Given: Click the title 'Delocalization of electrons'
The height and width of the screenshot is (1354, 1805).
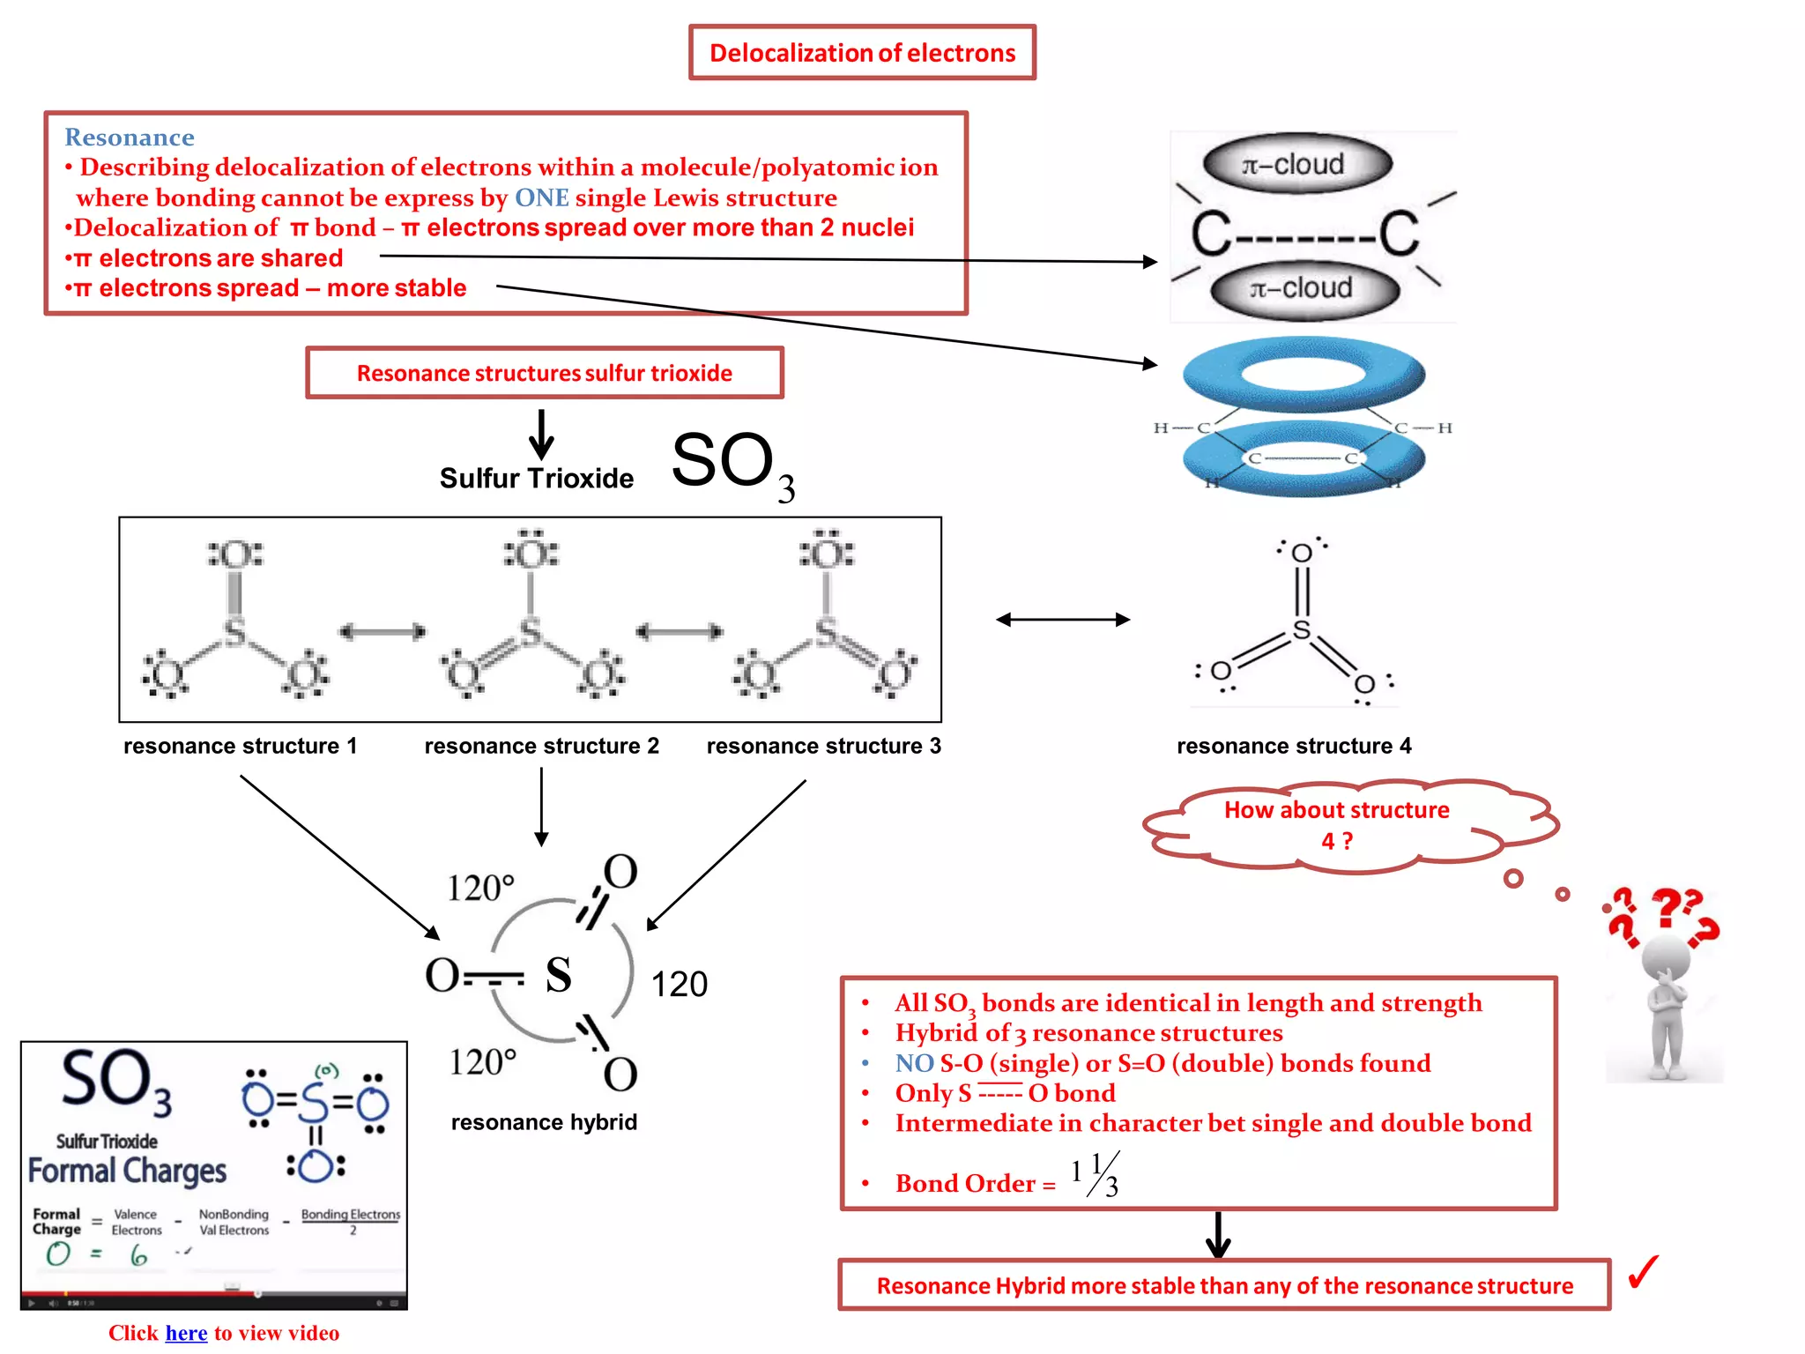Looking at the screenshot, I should [x=862, y=53].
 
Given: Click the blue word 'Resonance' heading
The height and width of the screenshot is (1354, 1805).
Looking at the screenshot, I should [x=129, y=138].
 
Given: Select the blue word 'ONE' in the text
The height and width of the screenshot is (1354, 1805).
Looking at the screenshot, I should [x=541, y=197].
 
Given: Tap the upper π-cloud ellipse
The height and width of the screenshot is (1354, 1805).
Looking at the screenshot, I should [x=1296, y=165].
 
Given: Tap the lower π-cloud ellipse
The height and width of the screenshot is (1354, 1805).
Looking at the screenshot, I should [x=1304, y=289].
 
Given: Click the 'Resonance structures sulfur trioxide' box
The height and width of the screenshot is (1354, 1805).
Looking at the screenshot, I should [x=544, y=373].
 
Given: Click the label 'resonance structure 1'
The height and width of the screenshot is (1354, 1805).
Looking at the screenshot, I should [x=240, y=746].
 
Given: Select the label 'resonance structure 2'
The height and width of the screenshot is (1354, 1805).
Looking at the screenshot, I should [x=541, y=746].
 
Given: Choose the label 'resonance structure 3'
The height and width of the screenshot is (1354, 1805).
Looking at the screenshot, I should [x=823, y=746].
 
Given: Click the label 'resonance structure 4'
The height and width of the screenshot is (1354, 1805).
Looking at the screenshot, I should [x=1293, y=746].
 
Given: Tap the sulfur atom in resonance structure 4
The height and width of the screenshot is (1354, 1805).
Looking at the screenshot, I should [x=1301, y=630].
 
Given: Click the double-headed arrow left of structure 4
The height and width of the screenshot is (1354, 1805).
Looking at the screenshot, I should [x=1062, y=620].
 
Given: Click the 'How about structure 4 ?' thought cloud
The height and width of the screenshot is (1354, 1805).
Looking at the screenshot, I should [x=1336, y=825].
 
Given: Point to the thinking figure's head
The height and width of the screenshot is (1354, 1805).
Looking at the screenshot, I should [x=1665, y=956].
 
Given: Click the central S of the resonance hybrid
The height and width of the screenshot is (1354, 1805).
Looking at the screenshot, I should [x=558, y=975].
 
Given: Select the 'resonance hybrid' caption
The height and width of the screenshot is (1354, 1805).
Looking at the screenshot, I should [x=544, y=1122].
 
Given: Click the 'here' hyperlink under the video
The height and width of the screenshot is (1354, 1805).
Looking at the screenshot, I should [x=186, y=1333].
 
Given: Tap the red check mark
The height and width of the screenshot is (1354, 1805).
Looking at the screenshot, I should [x=1643, y=1272].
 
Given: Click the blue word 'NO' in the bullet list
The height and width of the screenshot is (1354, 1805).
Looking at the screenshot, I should [x=914, y=1063].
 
